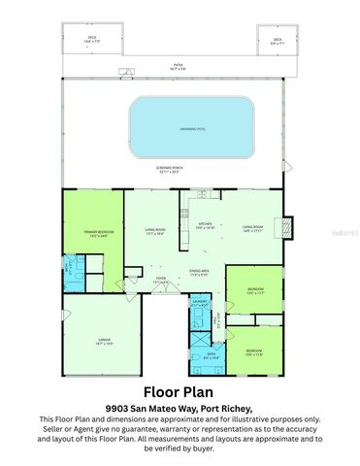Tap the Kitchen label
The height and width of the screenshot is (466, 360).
(x=206, y=226)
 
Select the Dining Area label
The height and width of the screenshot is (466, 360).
(x=200, y=273)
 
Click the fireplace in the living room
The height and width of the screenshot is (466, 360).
(x=286, y=226)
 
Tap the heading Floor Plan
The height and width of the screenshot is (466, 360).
(x=180, y=392)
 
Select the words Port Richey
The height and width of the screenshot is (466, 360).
(x=231, y=409)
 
